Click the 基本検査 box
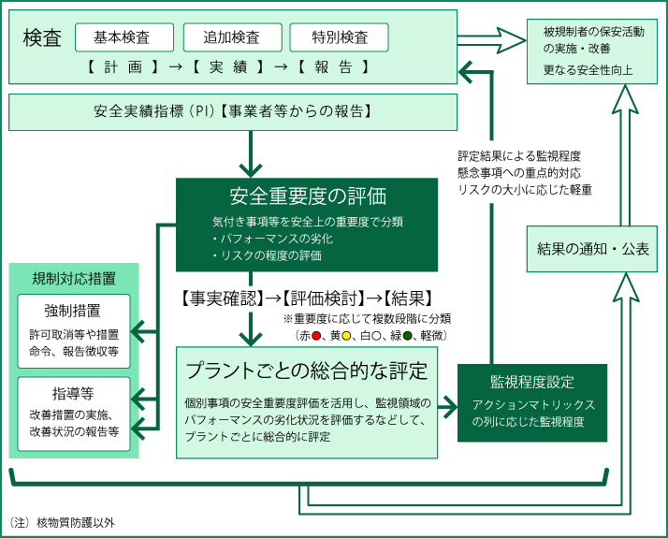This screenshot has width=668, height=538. (x=124, y=37)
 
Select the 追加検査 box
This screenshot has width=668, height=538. (x=232, y=37)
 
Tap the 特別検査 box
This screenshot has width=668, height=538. (x=340, y=37)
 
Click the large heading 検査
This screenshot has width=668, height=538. (x=42, y=38)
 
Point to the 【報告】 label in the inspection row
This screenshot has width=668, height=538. (x=332, y=67)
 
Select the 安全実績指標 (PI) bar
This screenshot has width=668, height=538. (x=233, y=111)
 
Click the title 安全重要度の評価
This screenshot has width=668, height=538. (x=307, y=196)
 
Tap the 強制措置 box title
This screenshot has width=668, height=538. (x=73, y=311)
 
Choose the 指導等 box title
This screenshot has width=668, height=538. (x=73, y=393)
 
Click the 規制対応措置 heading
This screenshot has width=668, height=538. (x=74, y=278)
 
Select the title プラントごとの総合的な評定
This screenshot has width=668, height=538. (x=307, y=369)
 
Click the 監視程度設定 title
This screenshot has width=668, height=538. (x=532, y=383)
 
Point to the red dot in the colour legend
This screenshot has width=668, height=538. (x=317, y=334)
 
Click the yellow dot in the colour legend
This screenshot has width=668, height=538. (x=346, y=334)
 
